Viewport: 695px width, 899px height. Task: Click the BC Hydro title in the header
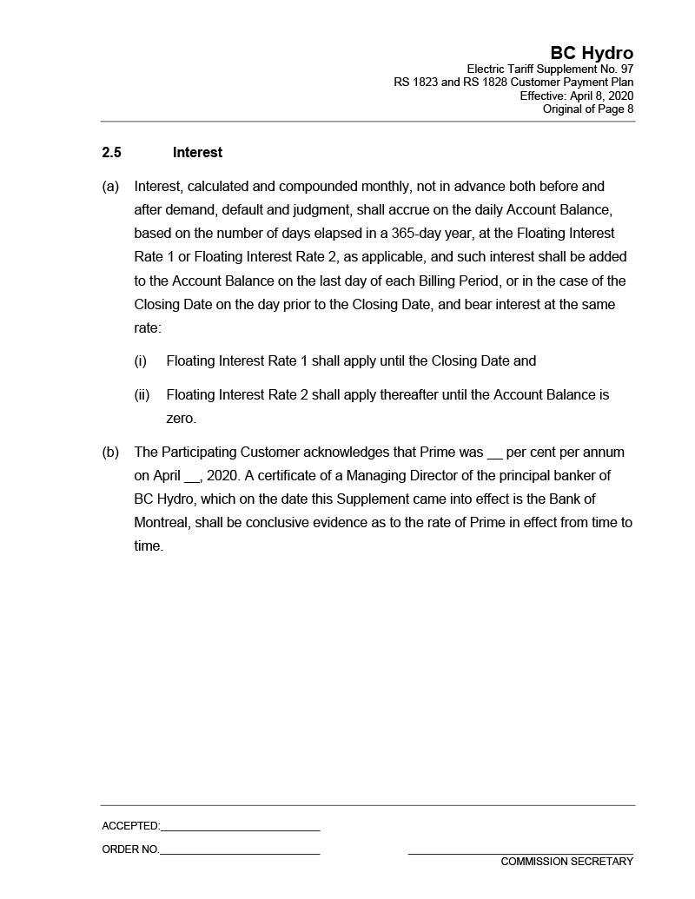[592, 53]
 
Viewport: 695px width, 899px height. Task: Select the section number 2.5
[111, 153]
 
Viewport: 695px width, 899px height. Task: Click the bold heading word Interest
[197, 153]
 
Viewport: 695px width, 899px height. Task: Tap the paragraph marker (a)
[110, 187]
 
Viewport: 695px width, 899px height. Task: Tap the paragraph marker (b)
[110, 453]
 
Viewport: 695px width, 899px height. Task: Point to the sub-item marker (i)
[140, 361]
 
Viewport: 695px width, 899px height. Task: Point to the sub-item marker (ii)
[142, 395]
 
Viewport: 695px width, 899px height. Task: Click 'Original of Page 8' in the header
[588, 109]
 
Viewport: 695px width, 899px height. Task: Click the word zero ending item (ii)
[181, 419]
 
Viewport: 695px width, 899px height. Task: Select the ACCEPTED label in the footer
[130, 826]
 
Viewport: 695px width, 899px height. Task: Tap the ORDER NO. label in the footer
[130, 849]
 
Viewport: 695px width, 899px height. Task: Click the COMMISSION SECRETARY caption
[566, 862]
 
